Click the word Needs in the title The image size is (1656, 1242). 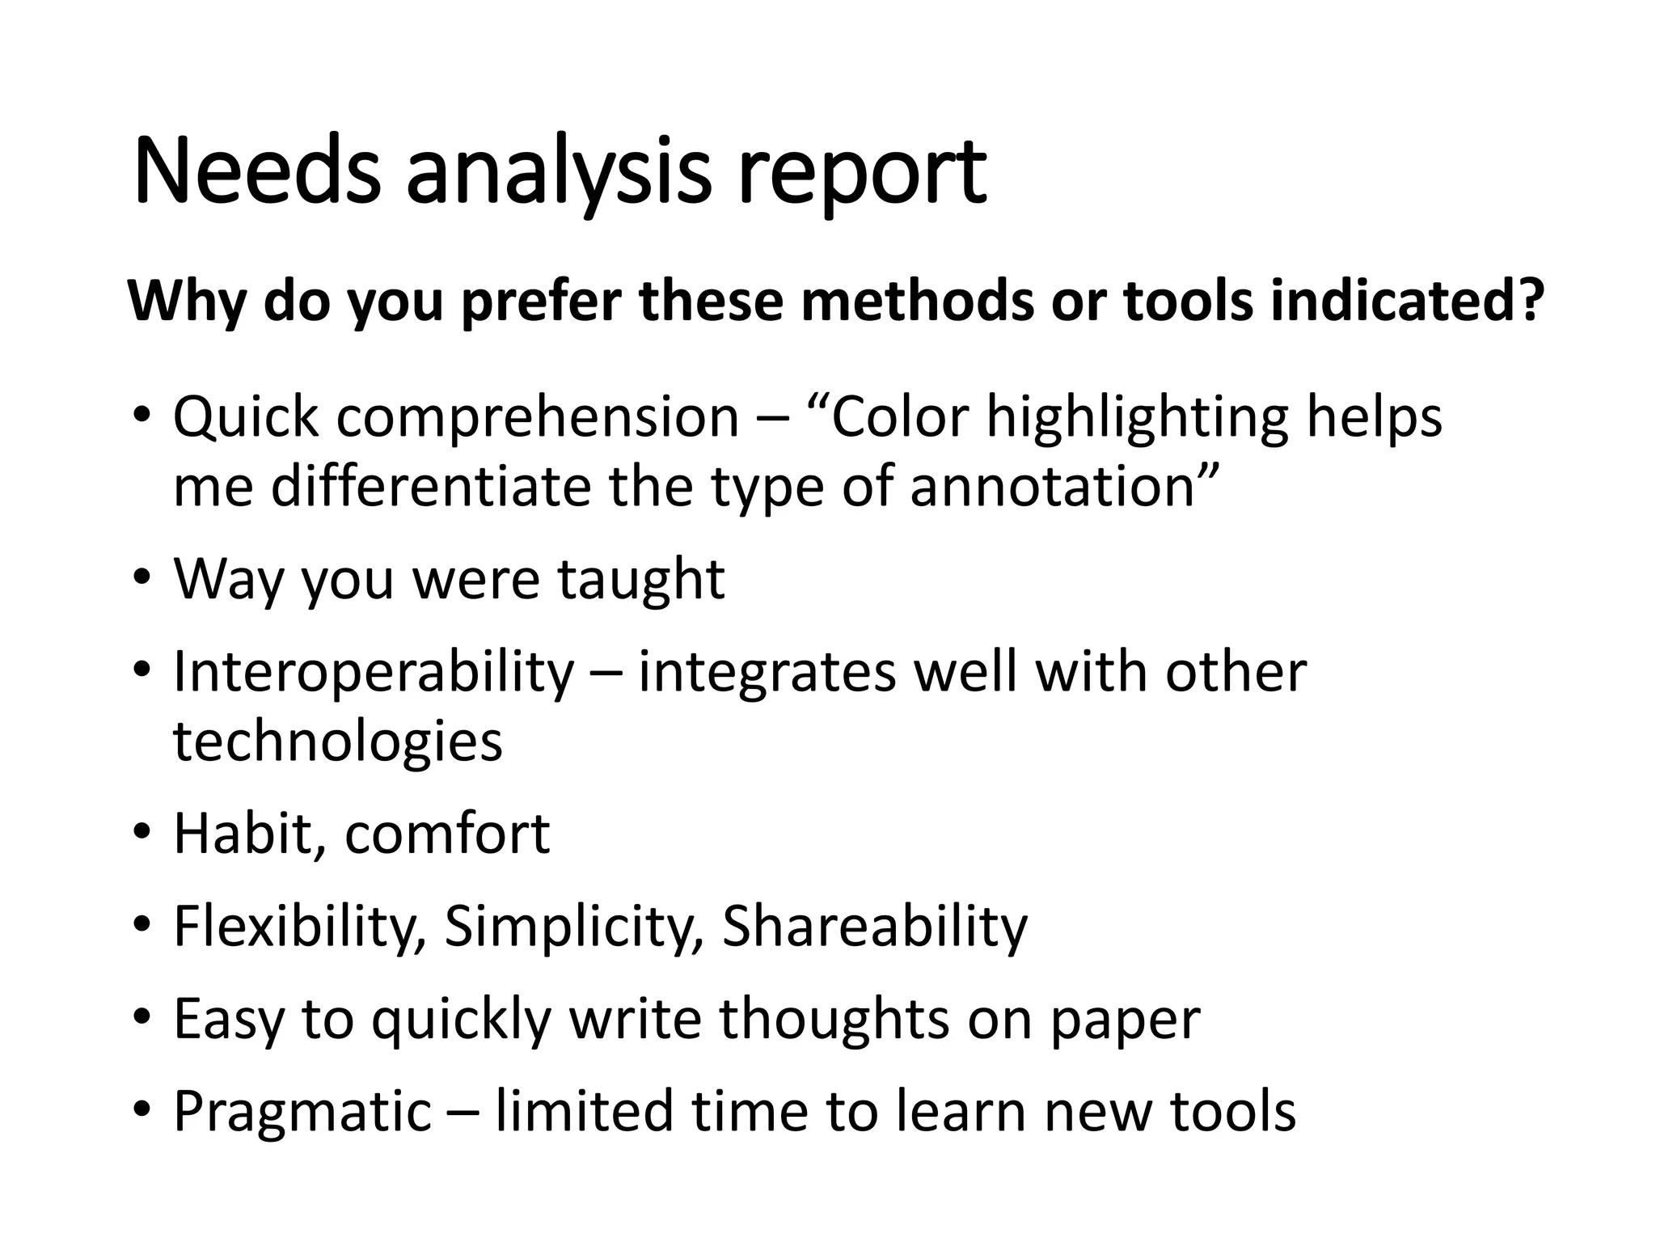click(256, 171)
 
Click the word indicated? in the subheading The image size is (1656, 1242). click(1407, 299)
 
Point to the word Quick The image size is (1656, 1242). click(247, 418)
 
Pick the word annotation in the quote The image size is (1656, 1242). click(1062, 488)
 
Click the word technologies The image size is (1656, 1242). click(338, 742)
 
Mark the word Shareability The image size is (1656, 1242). click(874, 926)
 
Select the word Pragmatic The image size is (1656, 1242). click(303, 1113)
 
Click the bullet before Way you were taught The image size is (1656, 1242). click(142, 579)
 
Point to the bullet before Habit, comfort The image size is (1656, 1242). click(142, 834)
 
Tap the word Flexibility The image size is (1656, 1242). click(299, 926)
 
